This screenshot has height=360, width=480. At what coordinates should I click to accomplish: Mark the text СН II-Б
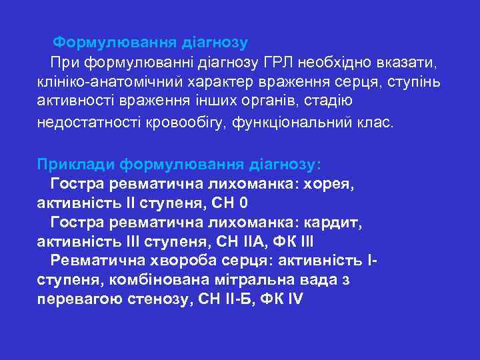[222, 299]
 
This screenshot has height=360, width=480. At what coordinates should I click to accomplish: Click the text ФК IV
[280, 299]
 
